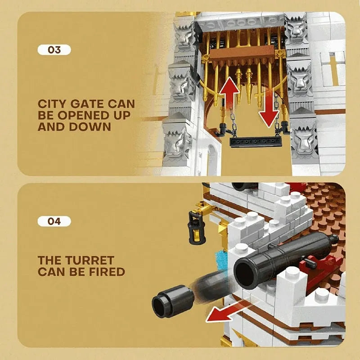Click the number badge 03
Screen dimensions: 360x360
[x=54, y=50]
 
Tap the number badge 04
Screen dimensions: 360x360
[x=54, y=221]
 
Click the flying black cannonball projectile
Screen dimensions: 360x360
[x=173, y=301]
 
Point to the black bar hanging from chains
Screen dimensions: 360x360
[x=256, y=142]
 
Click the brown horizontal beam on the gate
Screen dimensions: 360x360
[x=242, y=54]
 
